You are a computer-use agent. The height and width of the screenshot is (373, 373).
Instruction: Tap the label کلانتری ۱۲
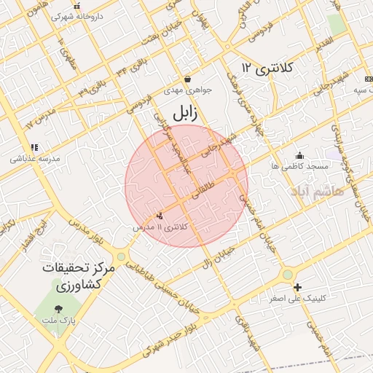pos(267,68)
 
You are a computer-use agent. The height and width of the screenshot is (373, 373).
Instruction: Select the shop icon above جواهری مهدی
pos(187,79)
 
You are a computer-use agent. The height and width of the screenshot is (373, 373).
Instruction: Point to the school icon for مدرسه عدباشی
pos(35,147)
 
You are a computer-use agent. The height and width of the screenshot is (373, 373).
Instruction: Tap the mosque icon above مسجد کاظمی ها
pos(299,155)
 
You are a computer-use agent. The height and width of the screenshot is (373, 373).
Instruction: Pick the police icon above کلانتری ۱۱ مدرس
pos(160,216)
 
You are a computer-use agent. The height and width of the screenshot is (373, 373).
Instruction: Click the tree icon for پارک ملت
pos(59,309)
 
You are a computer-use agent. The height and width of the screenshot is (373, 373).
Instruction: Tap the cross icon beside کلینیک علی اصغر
pos(297,288)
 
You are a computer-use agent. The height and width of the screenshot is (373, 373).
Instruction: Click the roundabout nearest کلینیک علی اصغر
pos(288,274)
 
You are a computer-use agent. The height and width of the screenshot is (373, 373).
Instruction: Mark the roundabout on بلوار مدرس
pos(120,256)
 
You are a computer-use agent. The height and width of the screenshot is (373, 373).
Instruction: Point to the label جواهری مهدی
pos(187,91)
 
